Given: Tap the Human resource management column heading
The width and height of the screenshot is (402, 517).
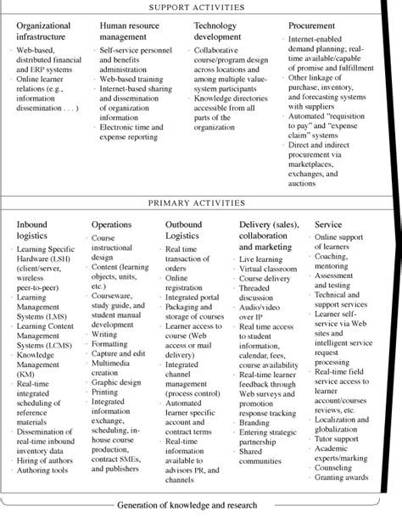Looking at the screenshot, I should pyautogui.click(x=126, y=32).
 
